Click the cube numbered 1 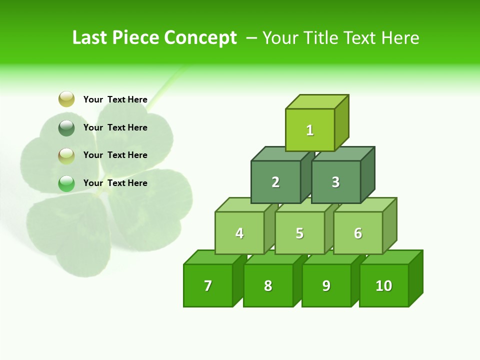tap(310, 130)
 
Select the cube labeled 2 tap(275, 182)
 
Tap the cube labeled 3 tap(335, 182)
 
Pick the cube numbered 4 tap(239, 233)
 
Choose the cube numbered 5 tap(299, 233)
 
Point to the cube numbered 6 tap(358, 233)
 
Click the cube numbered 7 tap(208, 285)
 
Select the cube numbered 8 tap(268, 285)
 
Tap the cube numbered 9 tap(326, 285)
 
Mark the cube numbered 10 tap(383, 285)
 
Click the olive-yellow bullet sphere tap(66, 99)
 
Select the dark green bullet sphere tap(66, 128)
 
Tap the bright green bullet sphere tap(66, 183)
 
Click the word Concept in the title tap(200, 38)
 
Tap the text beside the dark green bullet tap(115, 127)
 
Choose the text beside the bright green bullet tap(115, 183)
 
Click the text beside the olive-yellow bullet tap(115, 99)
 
